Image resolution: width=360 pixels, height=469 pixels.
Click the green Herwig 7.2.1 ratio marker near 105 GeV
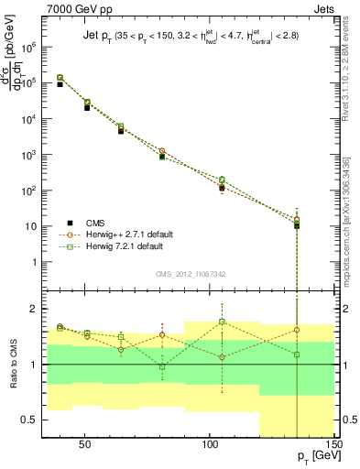(222, 322)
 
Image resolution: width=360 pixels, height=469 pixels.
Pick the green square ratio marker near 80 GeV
(162, 366)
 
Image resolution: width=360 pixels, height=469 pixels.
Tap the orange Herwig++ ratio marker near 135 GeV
(297, 330)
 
